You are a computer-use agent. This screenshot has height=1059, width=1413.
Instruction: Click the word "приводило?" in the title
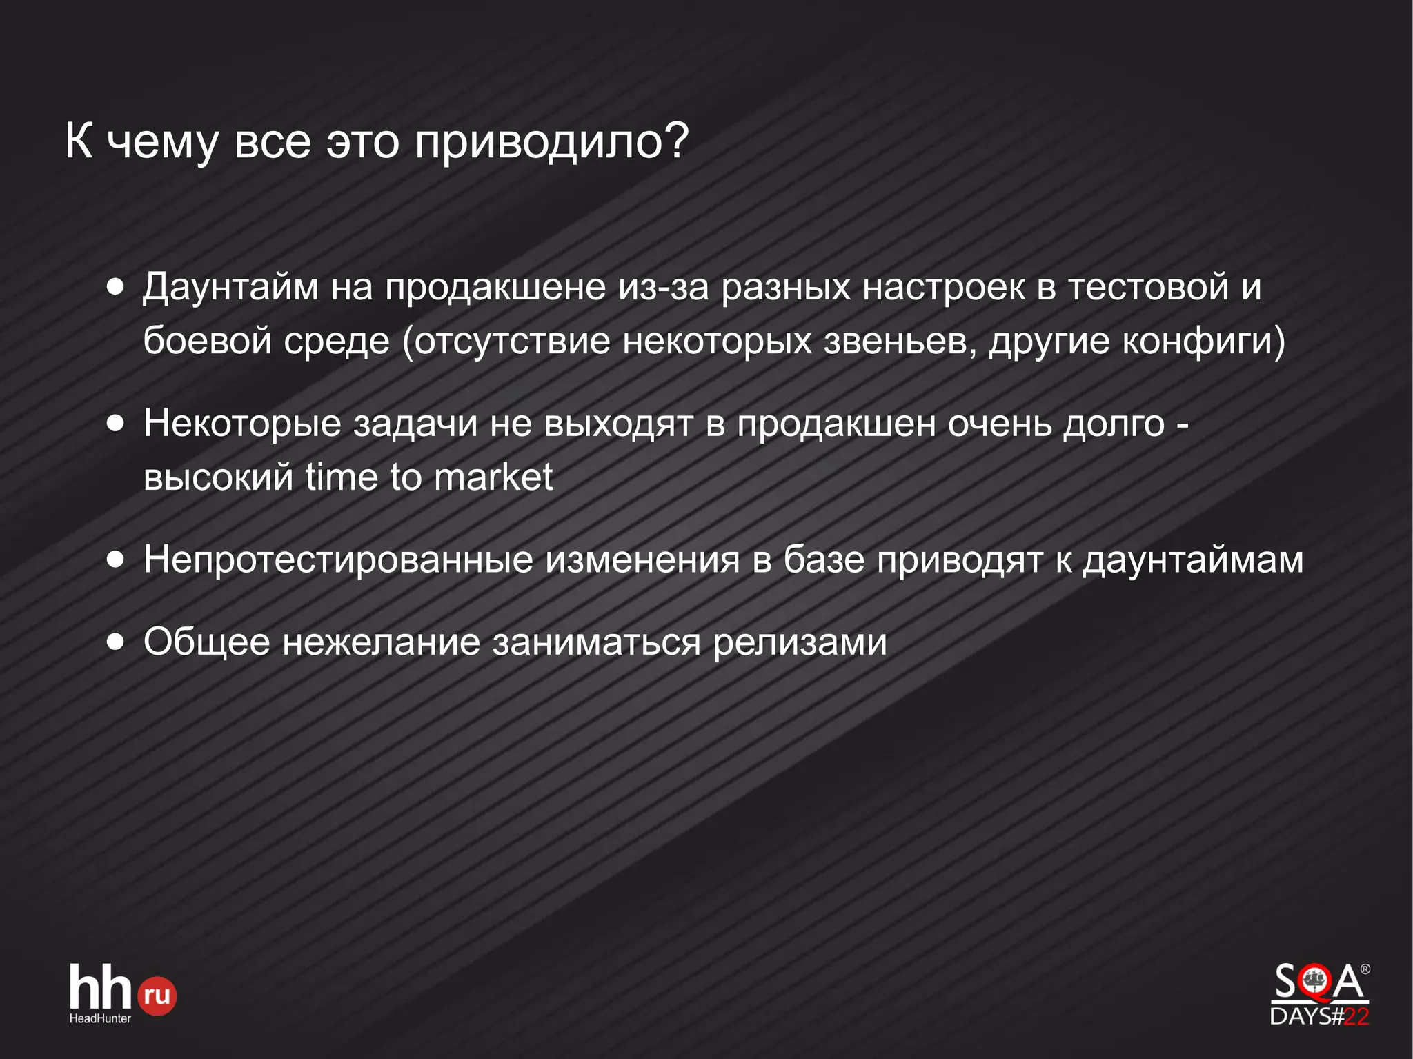click(551, 142)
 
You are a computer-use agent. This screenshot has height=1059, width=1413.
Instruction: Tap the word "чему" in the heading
click(163, 142)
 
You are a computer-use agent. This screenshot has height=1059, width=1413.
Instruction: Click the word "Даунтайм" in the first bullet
click(230, 287)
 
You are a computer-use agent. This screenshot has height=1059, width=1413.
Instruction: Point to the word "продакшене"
click(495, 287)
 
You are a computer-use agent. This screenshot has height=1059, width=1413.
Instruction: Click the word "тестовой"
click(1148, 287)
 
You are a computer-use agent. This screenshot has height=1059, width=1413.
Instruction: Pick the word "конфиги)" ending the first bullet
click(1204, 341)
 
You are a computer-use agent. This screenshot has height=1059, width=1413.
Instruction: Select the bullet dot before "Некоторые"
click(116, 423)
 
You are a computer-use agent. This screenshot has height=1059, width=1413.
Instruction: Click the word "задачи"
click(415, 423)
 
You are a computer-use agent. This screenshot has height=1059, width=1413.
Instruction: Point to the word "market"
click(493, 477)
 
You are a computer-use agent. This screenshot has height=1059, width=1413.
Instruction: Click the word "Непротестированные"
click(338, 560)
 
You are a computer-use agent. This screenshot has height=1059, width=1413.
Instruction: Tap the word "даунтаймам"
click(1193, 560)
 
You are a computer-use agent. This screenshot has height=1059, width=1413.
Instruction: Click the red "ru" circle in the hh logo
click(157, 996)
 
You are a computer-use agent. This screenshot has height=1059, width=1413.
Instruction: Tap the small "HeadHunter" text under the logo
click(100, 1018)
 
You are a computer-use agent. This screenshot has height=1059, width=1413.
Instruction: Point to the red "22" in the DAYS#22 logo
click(1356, 1016)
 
